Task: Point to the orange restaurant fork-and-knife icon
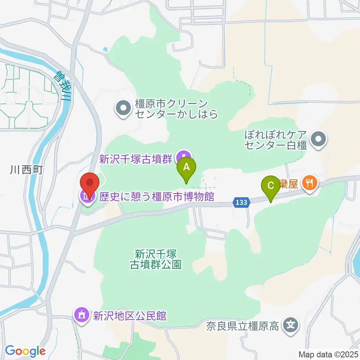coord(309,183)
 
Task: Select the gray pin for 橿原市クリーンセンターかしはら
coord(123,109)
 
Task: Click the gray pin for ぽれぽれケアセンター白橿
coord(319,140)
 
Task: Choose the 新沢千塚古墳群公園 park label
coord(156,259)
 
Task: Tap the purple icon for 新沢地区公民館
coord(81,315)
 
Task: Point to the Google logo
coord(25,351)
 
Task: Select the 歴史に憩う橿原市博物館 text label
coord(157,196)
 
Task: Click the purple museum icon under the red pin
coord(87,196)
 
